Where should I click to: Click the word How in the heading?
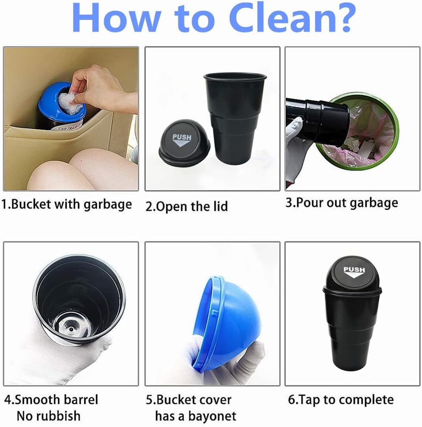click(x=115, y=17)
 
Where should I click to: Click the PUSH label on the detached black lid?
click(x=182, y=140)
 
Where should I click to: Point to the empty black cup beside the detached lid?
click(x=235, y=118)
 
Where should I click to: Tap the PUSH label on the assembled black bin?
click(x=354, y=272)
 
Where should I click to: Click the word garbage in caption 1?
click(x=108, y=205)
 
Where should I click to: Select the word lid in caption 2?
click(x=220, y=207)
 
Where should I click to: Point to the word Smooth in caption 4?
click(x=35, y=400)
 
